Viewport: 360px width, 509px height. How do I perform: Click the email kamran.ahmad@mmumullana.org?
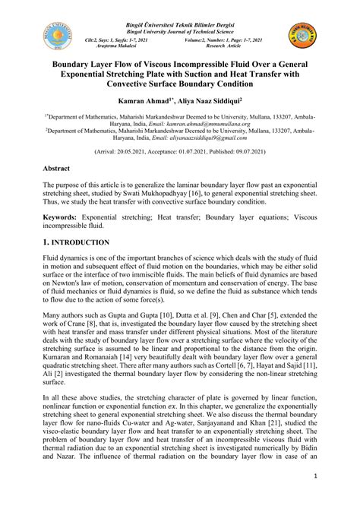tap(191, 124)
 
